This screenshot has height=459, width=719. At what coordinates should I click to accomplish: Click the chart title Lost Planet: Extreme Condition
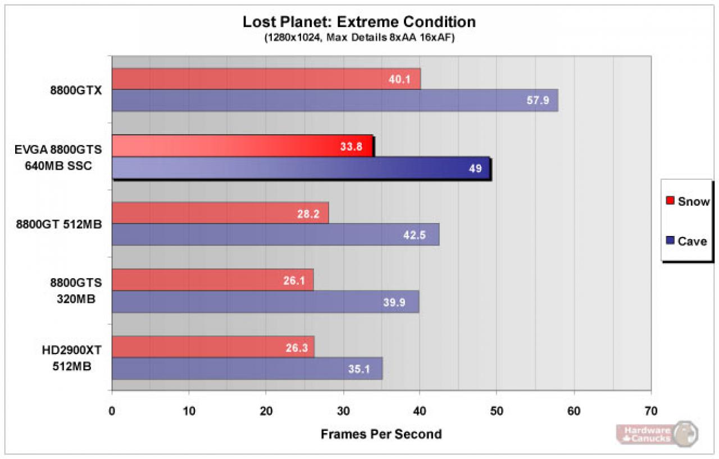tap(359, 22)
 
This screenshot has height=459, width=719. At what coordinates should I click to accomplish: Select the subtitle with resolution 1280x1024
tap(359, 38)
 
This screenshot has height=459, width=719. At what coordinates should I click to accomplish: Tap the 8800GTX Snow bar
tap(266, 79)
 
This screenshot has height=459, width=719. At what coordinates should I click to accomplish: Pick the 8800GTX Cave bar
tap(335, 101)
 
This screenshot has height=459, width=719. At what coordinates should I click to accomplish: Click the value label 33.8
tap(351, 147)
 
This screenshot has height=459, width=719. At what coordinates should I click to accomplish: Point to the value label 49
tap(475, 169)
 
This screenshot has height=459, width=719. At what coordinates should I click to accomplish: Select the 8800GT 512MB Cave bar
tap(276, 235)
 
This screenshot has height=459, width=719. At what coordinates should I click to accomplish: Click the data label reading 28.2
tap(308, 214)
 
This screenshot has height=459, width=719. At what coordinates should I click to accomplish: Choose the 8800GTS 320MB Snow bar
tap(213, 280)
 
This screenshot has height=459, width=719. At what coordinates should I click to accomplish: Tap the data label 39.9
tap(394, 302)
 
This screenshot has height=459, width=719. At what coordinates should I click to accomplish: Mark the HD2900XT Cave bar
tap(247, 369)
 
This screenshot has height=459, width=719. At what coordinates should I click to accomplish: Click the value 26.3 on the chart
tap(297, 348)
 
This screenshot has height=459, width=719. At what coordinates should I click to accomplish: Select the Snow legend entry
tap(688, 201)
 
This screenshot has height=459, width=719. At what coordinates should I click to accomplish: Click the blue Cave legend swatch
tap(670, 240)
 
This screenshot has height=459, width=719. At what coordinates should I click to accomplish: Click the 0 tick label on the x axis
tap(112, 411)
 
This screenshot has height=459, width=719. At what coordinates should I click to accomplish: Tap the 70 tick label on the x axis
tap(651, 411)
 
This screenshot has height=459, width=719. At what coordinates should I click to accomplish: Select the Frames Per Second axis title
tap(381, 434)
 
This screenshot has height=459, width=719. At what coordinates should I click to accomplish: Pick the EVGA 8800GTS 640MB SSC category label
tap(58, 158)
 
